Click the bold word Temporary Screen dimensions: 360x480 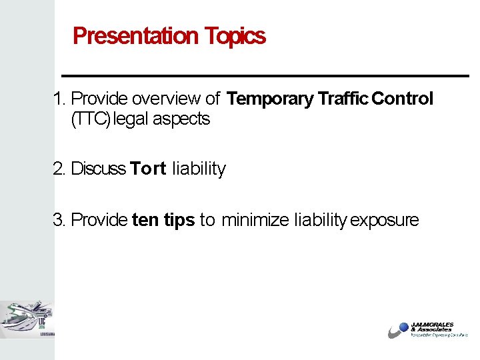pyautogui.click(x=270, y=99)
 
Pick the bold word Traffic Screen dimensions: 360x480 pyautogui.click(x=343, y=99)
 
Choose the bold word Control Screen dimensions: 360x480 pyautogui.click(x=403, y=99)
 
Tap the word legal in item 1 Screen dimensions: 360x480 pyautogui.click(x=131, y=119)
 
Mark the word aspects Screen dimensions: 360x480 pyautogui.click(x=181, y=120)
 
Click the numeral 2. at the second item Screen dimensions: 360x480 pyautogui.click(x=60, y=169)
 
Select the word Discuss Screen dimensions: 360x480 pyautogui.click(x=99, y=169)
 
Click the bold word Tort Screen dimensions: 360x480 pyautogui.click(x=148, y=169)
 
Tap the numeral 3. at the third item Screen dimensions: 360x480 pyautogui.click(x=60, y=220)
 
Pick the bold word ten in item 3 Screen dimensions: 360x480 pyautogui.click(x=145, y=220)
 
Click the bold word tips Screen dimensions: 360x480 pyautogui.click(x=179, y=221)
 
